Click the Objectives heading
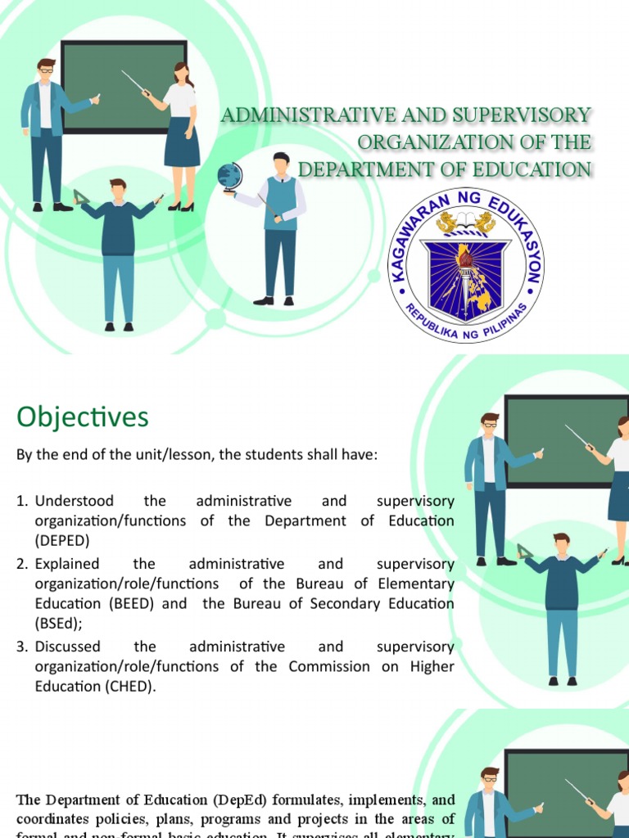(83, 418)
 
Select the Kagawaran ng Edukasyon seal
(466, 264)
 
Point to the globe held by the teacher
(230, 176)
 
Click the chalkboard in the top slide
(123, 86)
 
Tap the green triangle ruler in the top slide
(82, 197)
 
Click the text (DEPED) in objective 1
(62, 540)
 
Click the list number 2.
(22, 564)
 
